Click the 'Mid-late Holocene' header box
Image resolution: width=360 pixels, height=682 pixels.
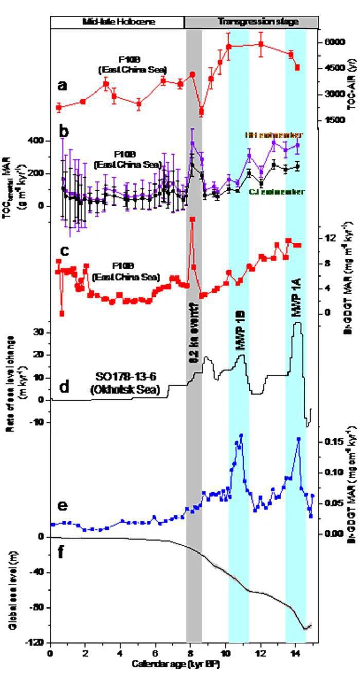117,22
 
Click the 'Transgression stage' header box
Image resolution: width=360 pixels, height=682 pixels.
251,22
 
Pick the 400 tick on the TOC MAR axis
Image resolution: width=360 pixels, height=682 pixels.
40,141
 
